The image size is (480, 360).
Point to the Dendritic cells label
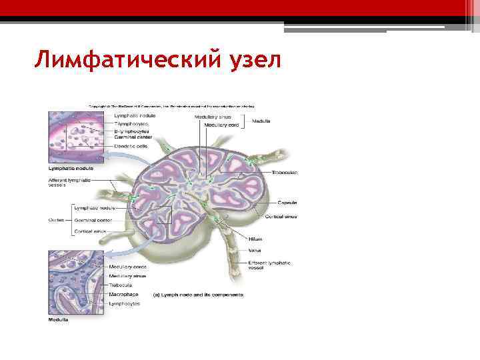tap(131, 146)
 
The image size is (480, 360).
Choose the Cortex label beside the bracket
tap(56, 219)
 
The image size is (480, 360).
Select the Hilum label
tap(255, 238)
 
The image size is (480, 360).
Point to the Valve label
tap(255, 251)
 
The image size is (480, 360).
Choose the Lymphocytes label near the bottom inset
tap(125, 303)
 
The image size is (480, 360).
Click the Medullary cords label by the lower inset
tap(127, 267)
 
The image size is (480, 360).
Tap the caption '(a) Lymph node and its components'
tap(198, 295)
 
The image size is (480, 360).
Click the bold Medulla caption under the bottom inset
tap(58, 319)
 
